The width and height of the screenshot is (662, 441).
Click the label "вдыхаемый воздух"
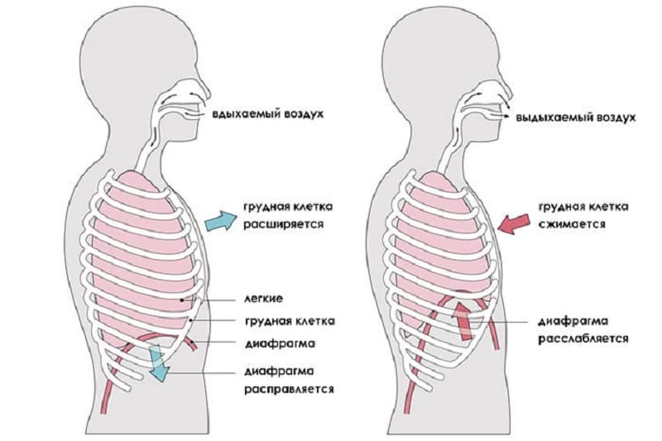[x=268, y=114]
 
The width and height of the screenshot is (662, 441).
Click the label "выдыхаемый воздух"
[x=576, y=117]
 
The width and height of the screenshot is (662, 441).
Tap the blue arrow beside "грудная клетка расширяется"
[x=221, y=221]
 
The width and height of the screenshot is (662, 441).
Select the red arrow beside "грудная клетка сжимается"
[x=513, y=223]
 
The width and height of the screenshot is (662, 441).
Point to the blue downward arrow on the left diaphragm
[x=159, y=362]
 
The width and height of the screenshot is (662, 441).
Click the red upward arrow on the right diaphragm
[x=463, y=320]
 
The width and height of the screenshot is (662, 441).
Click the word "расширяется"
[x=283, y=224]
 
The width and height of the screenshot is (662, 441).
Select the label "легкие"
[x=263, y=299]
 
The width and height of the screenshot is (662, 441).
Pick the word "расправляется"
[x=289, y=389]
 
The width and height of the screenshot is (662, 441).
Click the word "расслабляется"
[x=583, y=338]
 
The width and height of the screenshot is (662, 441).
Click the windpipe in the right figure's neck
[x=450, y=148]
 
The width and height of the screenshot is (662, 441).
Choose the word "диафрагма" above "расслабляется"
[x=573, y=321]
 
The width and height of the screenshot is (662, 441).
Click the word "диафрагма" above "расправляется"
[x=280, y=371]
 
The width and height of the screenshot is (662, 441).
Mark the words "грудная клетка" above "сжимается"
[x=583, y=207]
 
